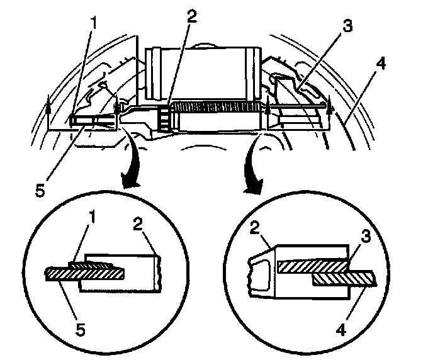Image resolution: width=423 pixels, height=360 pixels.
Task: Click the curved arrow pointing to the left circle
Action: (130, 169)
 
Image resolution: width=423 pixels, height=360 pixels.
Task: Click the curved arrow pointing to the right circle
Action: (255, 169)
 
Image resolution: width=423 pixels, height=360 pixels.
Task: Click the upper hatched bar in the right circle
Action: (312, 267)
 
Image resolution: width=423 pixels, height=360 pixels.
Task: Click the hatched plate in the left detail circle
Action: (85, 273)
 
